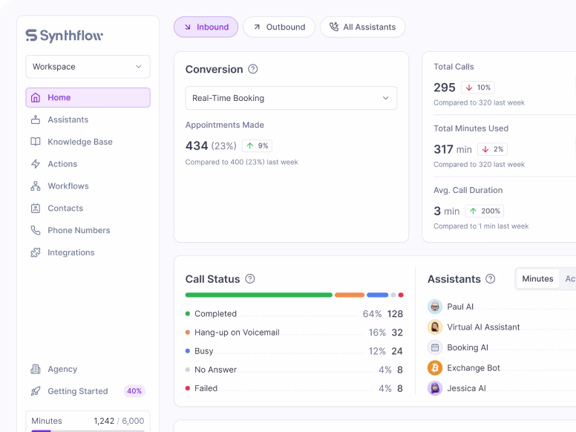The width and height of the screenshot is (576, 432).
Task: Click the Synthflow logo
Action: (x=64, y=36)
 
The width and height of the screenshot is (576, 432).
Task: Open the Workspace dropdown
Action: (x=88, y=67)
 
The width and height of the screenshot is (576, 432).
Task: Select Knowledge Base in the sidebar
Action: (x=79, y=142)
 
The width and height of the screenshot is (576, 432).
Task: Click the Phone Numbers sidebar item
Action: (x=78, y=230)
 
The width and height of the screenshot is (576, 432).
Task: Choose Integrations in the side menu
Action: (x=71, y=252)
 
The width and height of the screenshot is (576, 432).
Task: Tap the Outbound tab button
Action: (x=278, y=27)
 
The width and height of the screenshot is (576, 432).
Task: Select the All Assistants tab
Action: (x=362, y=27)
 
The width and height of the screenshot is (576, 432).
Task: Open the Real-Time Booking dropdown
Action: (x=291, y=98)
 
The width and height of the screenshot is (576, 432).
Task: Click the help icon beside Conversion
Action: (x=252, y=69)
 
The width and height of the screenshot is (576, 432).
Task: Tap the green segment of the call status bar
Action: (x=258, y=295)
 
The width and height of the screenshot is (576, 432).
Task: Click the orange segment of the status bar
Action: (x=349, y=295)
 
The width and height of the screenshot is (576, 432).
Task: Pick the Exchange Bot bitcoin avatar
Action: (x=435, y=367)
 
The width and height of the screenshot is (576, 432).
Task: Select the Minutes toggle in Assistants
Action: (x=537, y=279)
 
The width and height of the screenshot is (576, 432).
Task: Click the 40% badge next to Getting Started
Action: (x=134, y=391)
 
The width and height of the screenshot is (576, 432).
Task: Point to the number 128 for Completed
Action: (x=395, y=314)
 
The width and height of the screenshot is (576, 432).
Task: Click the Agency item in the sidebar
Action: (x=62, y=369)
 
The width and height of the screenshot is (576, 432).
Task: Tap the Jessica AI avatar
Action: (x=435, y=388)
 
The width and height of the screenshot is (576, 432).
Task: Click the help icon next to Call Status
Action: (x=250, y=279)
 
